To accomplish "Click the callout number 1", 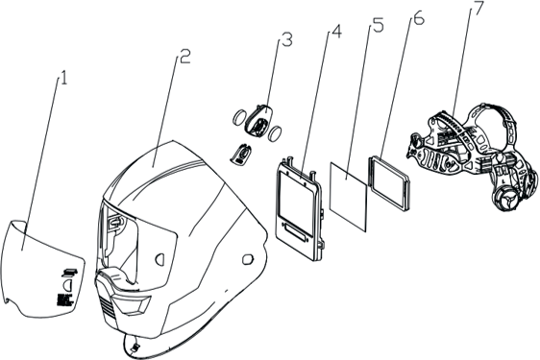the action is pyautogui.click(x=63, y=78).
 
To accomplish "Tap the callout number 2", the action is pyautogui.click(x=185, y=57).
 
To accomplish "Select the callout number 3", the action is pyautogui.click(x=287, y=39).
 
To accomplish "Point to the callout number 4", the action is pyautogui.click(x=336, y=32).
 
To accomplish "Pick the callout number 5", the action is pyautogui.click(x=378, y=26).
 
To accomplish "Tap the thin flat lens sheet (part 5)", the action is pyautogui.click(x=348, y=196).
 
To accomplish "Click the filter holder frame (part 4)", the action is pyautogui.click(x=299, y=208).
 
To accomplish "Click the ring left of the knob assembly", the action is pyautogui.click(x=239, y=117).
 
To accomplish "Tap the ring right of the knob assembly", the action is pyautogui.click(x=276, y=133).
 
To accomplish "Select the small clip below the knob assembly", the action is pyautogui.click(x=241, y=154).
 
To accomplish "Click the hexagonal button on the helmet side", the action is pyautogui.click(x=248, y=259).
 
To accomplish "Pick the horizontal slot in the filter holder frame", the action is pyautogui.click(x=293, y=229).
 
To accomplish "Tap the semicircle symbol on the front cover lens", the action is pyautogui.click(x=67, y=285).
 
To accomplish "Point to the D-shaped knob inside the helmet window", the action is pyautogui.click(x=160, y=259).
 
